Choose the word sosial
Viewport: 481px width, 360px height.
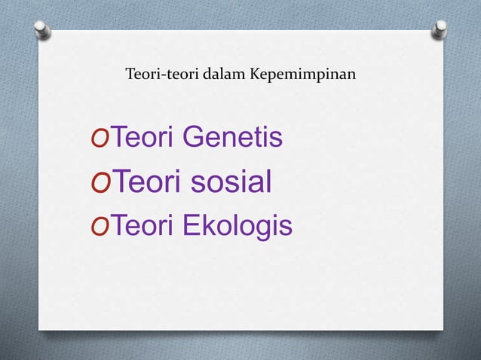click(228, 182)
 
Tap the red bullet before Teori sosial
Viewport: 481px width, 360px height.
click(99, 183)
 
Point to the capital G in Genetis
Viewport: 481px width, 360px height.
click(194, 139)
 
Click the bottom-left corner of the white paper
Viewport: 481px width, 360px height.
click(39, 329)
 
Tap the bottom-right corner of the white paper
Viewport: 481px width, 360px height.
click(443, 329)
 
